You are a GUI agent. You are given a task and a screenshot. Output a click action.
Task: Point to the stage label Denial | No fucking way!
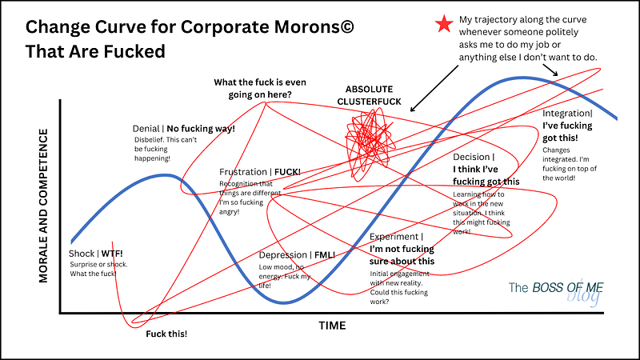(184, 129)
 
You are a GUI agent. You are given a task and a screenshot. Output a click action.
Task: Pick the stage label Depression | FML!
(297, 255)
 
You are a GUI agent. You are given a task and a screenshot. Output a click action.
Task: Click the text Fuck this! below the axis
(166, 333)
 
